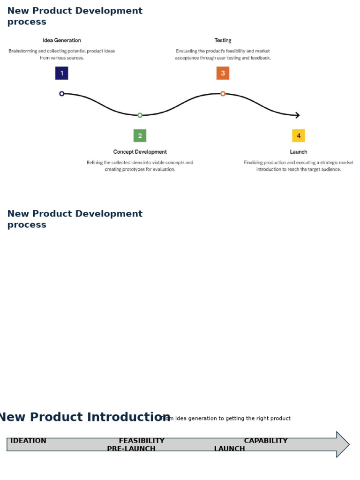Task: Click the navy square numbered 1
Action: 61,73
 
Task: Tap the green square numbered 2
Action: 140,135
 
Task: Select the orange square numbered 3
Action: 223,73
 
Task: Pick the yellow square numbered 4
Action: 299,135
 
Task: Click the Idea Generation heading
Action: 62,40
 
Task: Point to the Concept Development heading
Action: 140,152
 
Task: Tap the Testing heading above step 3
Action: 223,40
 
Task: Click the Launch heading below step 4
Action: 299,152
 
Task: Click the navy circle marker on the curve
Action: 62,94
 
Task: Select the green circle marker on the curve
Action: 140,115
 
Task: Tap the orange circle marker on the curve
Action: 223,94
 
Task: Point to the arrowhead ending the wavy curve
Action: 297,115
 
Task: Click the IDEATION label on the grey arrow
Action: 28,441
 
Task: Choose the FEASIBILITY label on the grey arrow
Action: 142,441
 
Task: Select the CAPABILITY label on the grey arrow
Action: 266,441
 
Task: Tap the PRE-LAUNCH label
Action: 131,449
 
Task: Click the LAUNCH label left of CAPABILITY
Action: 230,449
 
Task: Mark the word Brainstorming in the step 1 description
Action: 24,51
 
